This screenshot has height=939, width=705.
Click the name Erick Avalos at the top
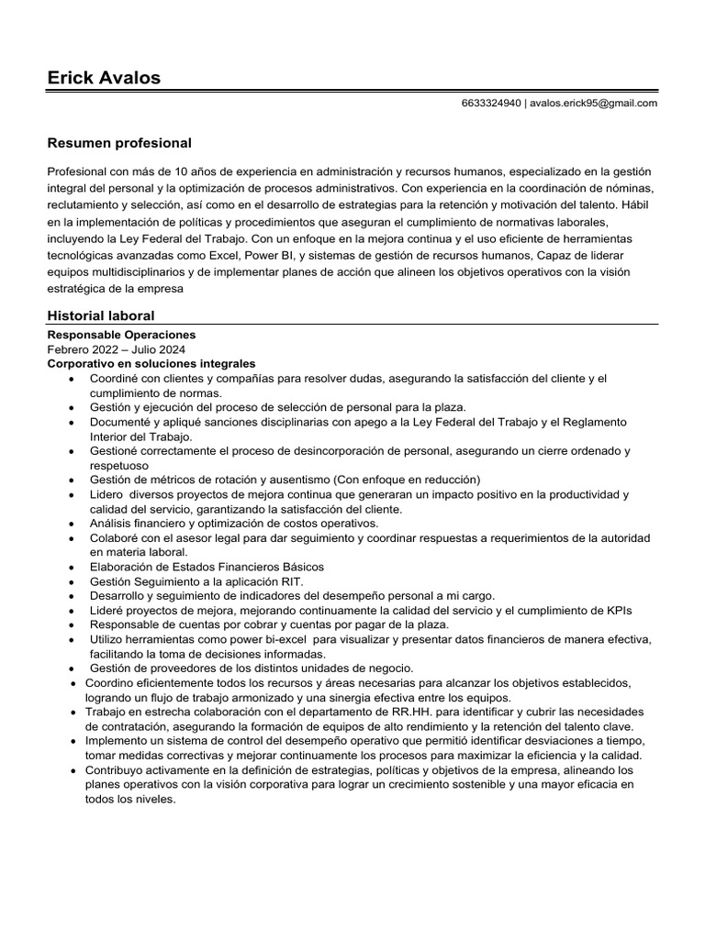point(104,78)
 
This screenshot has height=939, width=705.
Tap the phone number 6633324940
point(491,104)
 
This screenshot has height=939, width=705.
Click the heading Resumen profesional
point(119,143)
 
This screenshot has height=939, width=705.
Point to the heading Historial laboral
point(101,315)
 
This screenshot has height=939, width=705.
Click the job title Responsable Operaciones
point(121,335)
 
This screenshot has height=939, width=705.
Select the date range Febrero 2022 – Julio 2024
point(116,349)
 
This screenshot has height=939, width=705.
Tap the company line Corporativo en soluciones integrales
point(151,364)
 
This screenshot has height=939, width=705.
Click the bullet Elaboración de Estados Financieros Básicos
point(207,567)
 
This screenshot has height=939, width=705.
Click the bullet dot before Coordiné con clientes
point(73,379)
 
